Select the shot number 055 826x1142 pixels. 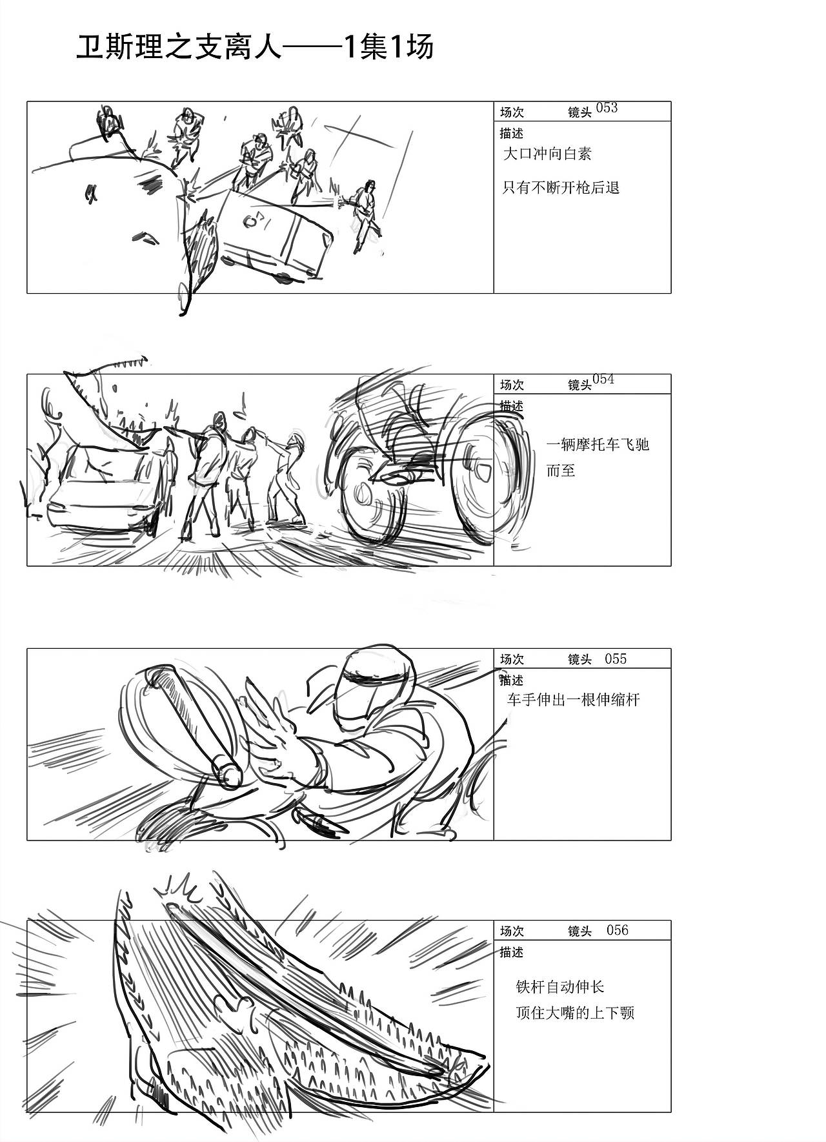click(615, 658)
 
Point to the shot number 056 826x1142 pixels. click(617, 930)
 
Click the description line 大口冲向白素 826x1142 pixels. click(547, 154)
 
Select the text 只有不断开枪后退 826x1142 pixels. click(561, 188)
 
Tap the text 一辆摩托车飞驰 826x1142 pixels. click(597, 444)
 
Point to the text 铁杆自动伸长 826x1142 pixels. click(559, 986)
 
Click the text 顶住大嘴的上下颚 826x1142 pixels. click(575, 1012)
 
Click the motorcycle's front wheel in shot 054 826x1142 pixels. click(371, 497)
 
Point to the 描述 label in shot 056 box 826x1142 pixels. click(511, 952)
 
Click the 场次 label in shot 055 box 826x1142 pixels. click(512, 659)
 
